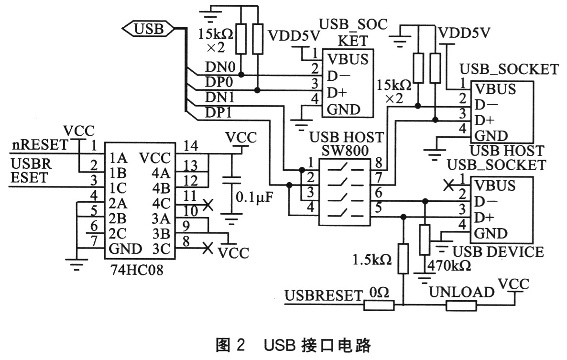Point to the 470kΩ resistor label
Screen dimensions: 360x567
[x=448, y=266]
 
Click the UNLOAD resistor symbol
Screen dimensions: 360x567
[x=461, y=305]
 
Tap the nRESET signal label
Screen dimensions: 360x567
[x=39, y=142]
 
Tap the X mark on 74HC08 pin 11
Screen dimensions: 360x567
[x=207, y=206]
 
